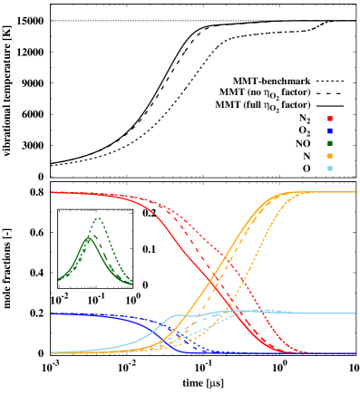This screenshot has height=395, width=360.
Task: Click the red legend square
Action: pos(329,119)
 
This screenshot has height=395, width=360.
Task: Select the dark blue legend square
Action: pos(329,131)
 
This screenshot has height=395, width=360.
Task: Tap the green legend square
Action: pos(329,143)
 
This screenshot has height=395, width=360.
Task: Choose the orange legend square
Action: pos(329,156)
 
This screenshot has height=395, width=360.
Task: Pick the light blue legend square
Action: pos(329,169)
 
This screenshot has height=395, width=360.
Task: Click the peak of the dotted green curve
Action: pos(98,218)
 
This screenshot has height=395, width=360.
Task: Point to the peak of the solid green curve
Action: pos(88,237)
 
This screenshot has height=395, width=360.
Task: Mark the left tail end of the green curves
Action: pos(59,279)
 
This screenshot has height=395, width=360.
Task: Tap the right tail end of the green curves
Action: pos(132,283)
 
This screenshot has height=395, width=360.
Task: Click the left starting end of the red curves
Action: pos(52,192)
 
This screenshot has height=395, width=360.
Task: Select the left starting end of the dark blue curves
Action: pos(52,313)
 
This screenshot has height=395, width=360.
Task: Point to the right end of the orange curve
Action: pos(355,192)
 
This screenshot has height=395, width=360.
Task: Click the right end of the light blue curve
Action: pos(355,313)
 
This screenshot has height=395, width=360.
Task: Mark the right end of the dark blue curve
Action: pos(355,353)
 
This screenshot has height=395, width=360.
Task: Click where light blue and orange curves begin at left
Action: pos(52,352)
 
